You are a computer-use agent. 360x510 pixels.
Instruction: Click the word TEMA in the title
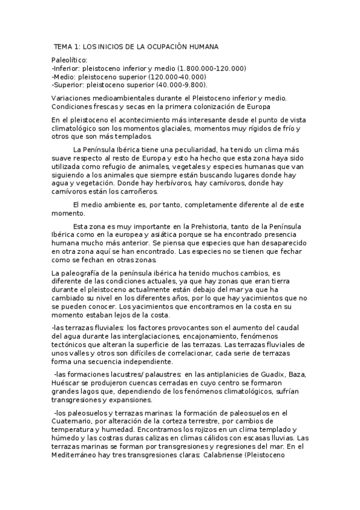click(x=64, y=46)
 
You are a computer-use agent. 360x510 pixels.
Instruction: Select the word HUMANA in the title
click(x=200, y=46)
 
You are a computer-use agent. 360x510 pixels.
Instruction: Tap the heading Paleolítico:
click(x=70, y=60)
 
